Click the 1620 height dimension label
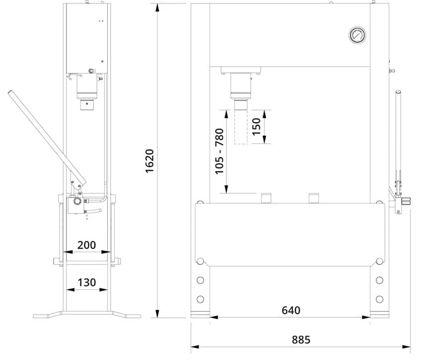(x=149, y=161)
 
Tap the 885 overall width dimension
(x=301, y=340)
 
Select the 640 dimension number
(x=291, y=310)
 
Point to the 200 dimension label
(x=86, y=245)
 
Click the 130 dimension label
(x=87, y=283)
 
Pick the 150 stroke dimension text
(x=257, y=127)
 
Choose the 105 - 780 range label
(x=219, y=151)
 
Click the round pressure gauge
(x=357, y=35)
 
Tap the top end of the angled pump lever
(x=10, y=92)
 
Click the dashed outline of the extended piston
(x=241, y=127)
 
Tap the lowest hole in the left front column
(x=200, y=299)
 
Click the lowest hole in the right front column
(x=379, y=299)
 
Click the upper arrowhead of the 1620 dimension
(x=157, y=7)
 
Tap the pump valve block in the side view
(x=75, y=205)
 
